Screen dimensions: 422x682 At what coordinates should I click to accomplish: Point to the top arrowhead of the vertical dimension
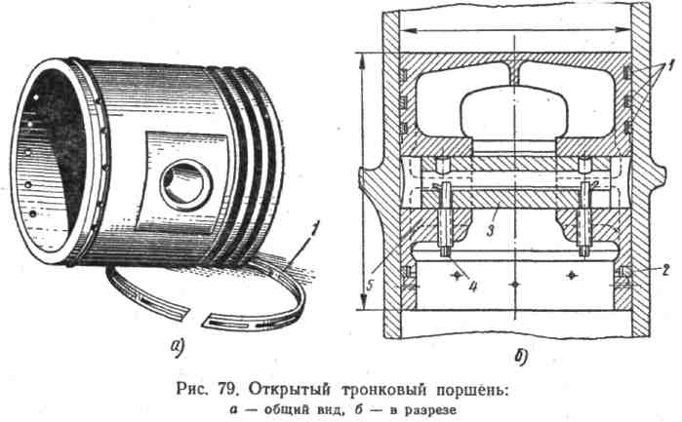[364, 58]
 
